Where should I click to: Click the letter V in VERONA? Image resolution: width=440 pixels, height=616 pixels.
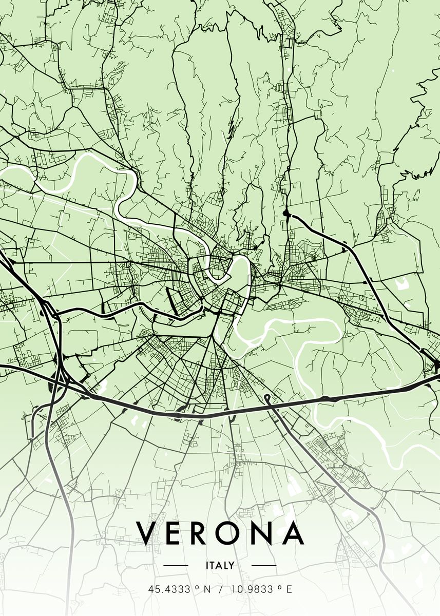pos(148,533)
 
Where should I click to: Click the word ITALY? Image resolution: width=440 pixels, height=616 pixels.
pos(220,566)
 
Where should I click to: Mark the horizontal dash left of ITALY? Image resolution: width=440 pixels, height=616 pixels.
pos(176,566)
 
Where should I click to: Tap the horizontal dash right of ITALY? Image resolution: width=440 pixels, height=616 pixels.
pos(263,566)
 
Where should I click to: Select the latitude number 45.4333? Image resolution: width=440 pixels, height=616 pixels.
pos(169,590)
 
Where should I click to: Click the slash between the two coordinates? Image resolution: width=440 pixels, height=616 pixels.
pos(220,590)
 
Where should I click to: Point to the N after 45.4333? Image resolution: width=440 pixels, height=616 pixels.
pos(207,590)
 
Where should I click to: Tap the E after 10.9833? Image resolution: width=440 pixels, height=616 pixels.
pos(289,590)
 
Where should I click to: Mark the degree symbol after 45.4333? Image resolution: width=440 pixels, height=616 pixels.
pos(197,588)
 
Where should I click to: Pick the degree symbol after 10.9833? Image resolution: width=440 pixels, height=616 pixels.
pos(278,588)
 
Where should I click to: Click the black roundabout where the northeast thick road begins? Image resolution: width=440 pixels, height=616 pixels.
pos(286,213)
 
